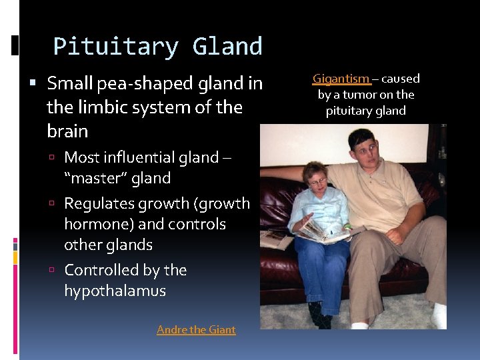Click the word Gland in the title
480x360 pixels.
227,47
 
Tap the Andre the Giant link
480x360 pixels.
196,329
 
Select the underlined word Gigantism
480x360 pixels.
341,79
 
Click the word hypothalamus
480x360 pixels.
115,291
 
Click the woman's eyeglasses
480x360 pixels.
317,179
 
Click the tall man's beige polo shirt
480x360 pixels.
373,193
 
